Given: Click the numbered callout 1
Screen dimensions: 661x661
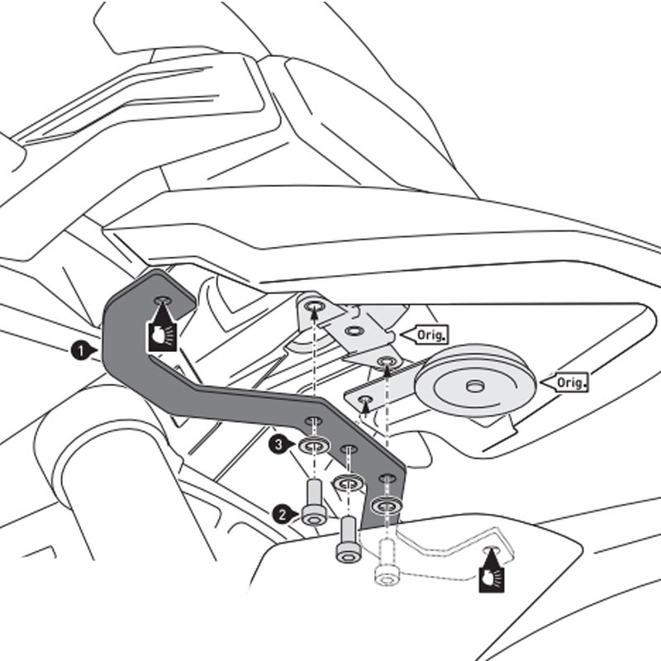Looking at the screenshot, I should pos(80,351).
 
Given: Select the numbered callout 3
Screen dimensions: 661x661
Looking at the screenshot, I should pos(279,445).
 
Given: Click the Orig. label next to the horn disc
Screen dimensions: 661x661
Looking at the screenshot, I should pos(569,383).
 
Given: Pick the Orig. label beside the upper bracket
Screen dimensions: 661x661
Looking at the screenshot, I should pos(430,335).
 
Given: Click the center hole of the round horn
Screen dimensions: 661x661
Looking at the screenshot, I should pos(474,387).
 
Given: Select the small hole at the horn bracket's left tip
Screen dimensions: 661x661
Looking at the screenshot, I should pos(364,399).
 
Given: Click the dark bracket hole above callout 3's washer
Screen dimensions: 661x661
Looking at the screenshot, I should pos(314,421).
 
